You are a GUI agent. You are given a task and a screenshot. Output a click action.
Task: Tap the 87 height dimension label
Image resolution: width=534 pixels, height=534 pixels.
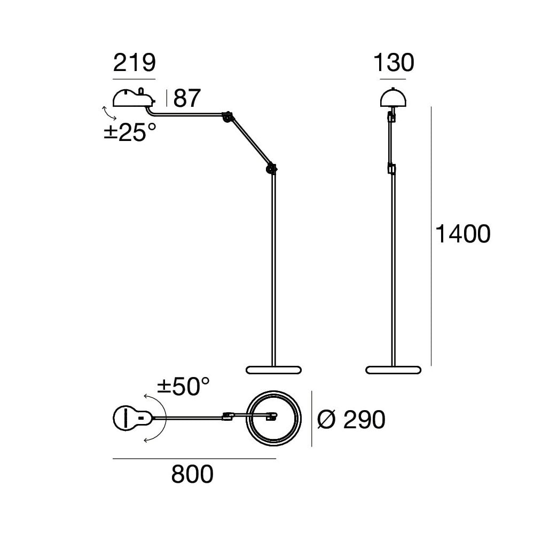pos(187,98)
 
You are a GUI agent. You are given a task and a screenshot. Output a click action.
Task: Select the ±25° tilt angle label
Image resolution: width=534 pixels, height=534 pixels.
pos(130,132)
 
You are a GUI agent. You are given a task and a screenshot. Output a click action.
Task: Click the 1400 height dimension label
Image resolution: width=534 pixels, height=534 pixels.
pos(463,234)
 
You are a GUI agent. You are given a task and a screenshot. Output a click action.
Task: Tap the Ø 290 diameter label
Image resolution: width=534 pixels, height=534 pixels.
pos(351,420)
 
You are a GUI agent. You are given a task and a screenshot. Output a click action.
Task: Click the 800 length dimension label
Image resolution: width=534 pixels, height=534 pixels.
pos(192,474)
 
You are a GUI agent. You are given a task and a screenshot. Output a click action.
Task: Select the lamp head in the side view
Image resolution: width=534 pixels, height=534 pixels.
pos(134,98)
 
